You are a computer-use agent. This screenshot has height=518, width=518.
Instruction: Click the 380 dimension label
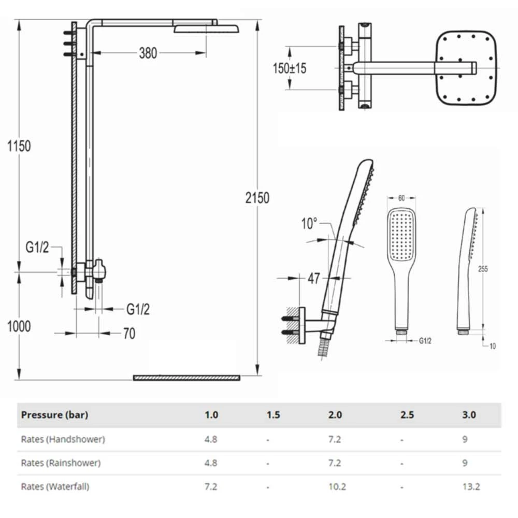[x=148, y=53]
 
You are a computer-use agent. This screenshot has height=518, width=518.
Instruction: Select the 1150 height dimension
[x=19, y=146]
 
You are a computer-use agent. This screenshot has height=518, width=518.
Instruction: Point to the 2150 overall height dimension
[x=257, y=197]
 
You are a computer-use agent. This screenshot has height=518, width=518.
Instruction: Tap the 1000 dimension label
[x=19, y=326]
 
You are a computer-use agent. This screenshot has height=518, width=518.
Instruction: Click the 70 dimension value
[x=129, y=334]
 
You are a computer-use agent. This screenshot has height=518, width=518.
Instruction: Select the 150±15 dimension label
[x=290, y=68]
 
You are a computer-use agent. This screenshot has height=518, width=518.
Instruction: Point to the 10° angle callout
[x=309, y=224]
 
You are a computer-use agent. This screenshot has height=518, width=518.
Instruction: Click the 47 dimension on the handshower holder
[x=314, y=278]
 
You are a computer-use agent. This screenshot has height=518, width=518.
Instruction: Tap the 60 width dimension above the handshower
[x=401, y=198]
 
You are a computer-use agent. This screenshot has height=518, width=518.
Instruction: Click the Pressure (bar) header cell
[x=54, y=415]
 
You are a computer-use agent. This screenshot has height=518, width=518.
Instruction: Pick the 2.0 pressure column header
[x=335, y=415]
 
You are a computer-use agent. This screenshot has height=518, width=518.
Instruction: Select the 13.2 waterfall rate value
[x=472, y=486]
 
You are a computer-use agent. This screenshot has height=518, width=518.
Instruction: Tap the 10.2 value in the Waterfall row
[x=337, y=486]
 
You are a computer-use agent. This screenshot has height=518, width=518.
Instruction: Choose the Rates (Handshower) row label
[x=63, y=439]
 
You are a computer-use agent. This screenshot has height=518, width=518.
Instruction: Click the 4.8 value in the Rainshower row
[x=211, y=463]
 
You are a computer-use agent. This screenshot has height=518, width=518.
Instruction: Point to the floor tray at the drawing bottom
[x=186, y=378]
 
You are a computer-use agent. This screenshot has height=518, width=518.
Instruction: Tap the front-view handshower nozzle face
[x=401, y=236]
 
